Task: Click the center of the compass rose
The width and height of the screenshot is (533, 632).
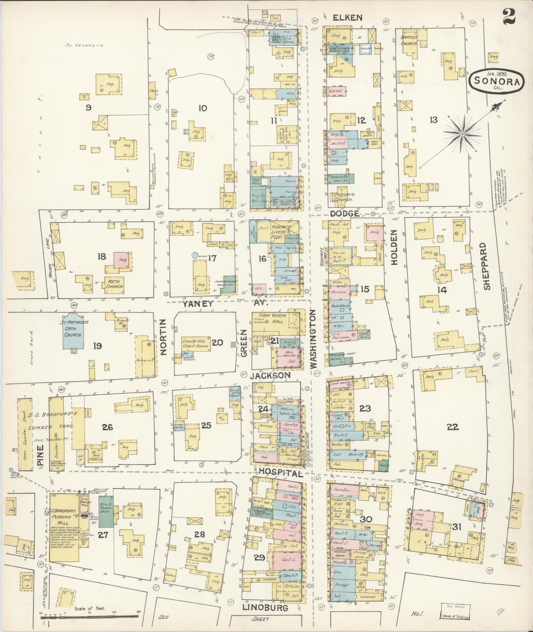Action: (462, 133)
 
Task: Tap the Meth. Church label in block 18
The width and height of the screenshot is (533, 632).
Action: (114, 284)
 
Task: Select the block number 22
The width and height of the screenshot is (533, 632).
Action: (452, 427)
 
